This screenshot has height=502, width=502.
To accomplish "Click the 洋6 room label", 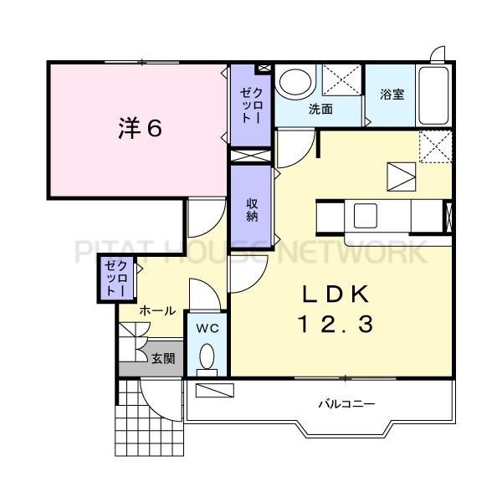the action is pyautogui.click(x=141, y=128).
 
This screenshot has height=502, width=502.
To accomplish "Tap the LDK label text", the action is pyautogui.click(x=336, y=295).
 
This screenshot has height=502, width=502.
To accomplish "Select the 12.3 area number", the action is pyautogui.click(x=336, y=323).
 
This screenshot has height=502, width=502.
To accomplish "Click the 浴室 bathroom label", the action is pyautogui.click(x=392, y=94).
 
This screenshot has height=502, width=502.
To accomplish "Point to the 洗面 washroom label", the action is pyautogui.click(x=320, y=109).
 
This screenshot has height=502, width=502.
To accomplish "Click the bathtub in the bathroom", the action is pyautogui.click(x=433, y=95).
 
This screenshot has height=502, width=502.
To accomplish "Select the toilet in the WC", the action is pyautogui.click(x=207, y=359).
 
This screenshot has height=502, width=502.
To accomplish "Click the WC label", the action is pyautogui.click(x=207, y=328).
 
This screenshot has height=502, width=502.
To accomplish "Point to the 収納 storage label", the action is pyautogui.click(x=253, y=210).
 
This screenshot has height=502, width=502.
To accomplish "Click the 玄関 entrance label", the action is pyautogui.click(x=163, y=359).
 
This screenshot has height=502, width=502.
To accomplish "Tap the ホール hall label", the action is pyautogui.click(x=157, y=310).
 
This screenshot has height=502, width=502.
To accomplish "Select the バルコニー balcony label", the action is pyautogui.click(x=346, y=404).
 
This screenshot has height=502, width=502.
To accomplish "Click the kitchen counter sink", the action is pyautogui.click(x=365, y=216).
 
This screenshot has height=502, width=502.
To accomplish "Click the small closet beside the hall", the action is pyautogui.click(x=116, y=279).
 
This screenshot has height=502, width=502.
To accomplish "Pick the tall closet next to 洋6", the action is pyautogui.click(x=251, y=105).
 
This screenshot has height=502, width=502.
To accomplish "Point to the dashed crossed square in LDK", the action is pyautogui.click(x=435, y=146).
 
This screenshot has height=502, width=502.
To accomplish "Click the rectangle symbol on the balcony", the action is pyautogui.click(x=214, y=390).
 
